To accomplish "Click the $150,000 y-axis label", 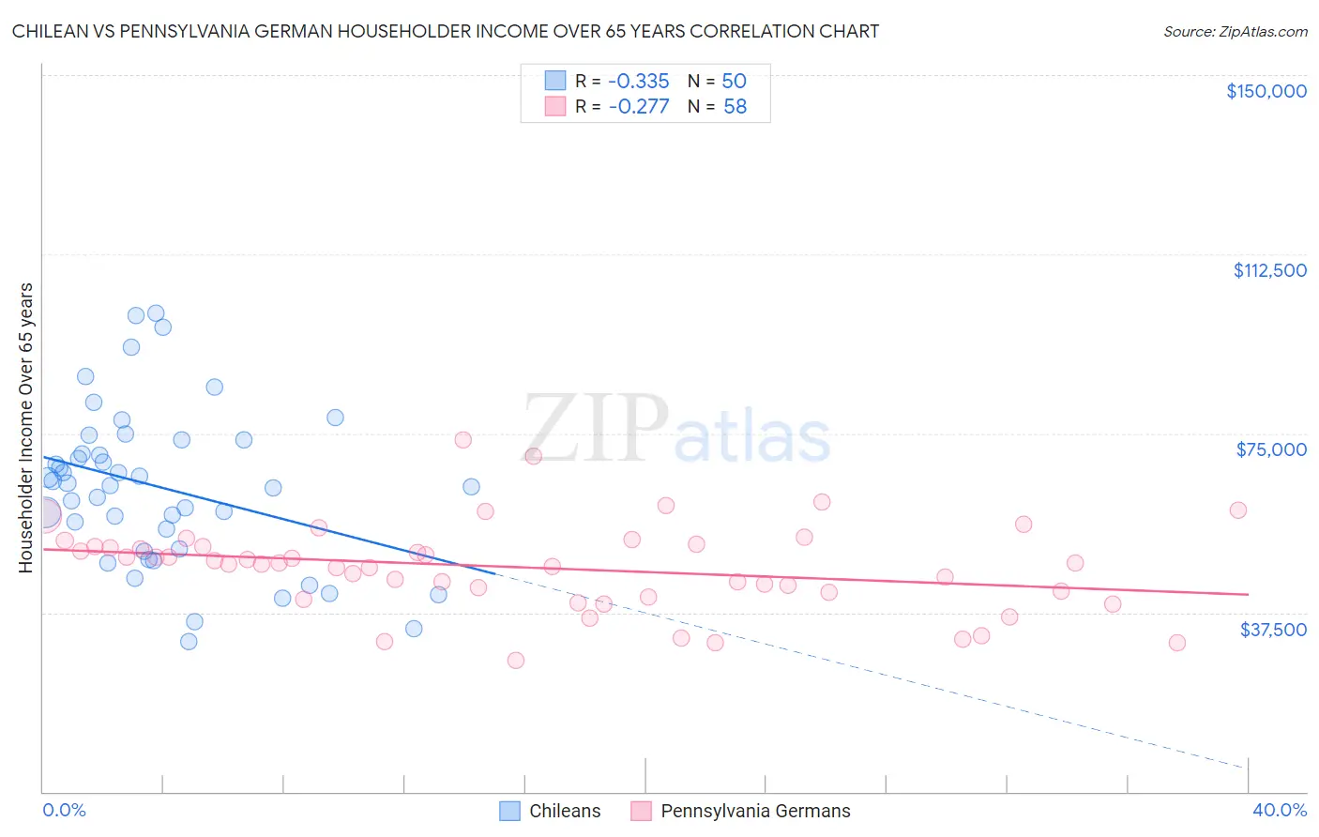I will click(x=1266, y=91).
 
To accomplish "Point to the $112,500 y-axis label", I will click(x=1269, y=270).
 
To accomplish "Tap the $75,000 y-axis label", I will click(x=1270, y=449).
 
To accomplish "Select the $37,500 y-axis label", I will click(x=1272, y=630).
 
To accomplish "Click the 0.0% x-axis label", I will click(x=64, y=810).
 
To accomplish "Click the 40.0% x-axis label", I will click(x=1279, y=810).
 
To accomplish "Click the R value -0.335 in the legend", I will click(x=638, y=81).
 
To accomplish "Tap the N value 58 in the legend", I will click(x=735, y=107).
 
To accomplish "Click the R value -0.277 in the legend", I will click(x=638, y=107).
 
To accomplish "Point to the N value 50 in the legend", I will click(x=734, y=81).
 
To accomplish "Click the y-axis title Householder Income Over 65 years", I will click(x=25, y=428).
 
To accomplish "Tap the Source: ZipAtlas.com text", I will click(x=1235, y=31).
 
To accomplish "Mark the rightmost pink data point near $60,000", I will click(x=1237, y=510).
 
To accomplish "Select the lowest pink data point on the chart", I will click(x=515, y=661).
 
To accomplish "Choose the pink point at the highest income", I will click(x=462, y=440).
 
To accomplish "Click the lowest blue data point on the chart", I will click(x=189, y=642).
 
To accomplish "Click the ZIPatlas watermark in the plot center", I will click(x=675, y=430).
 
